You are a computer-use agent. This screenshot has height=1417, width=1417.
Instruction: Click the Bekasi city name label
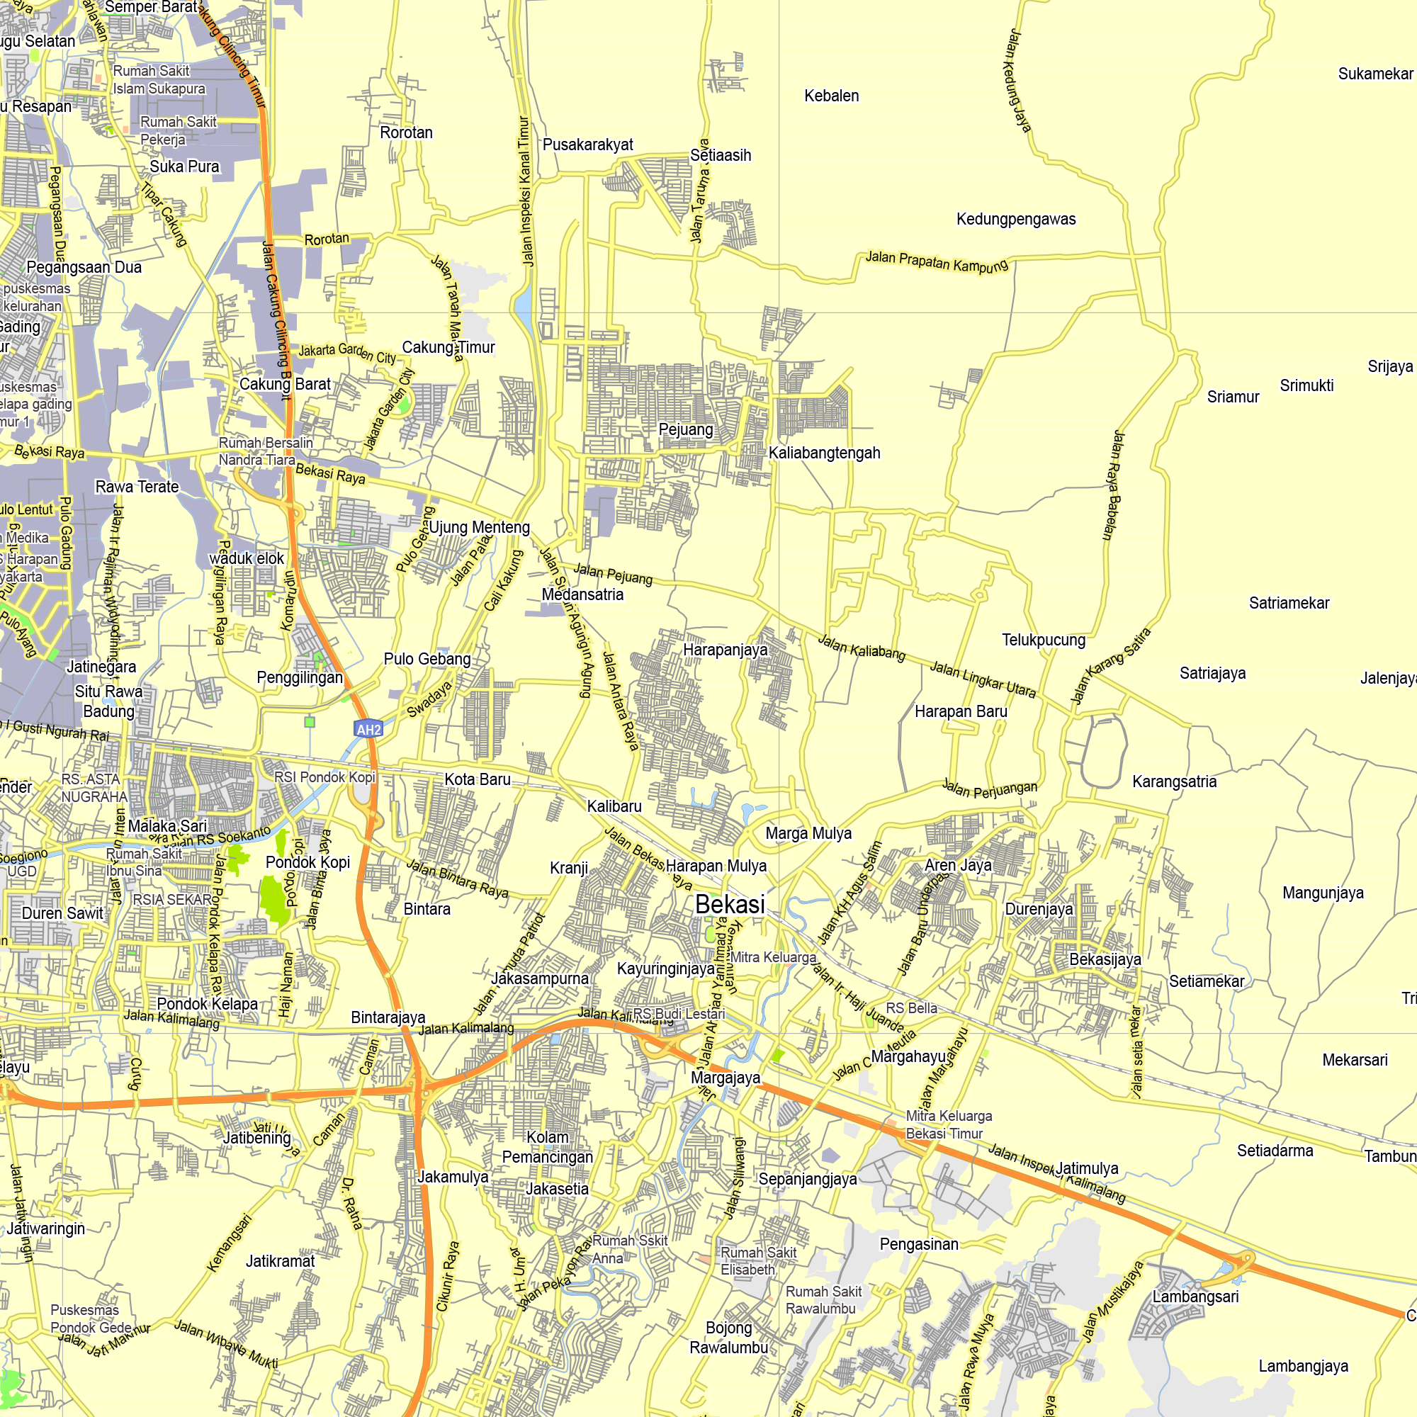click(730, 904)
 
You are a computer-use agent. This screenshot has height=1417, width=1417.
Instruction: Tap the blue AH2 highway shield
click(368, 729)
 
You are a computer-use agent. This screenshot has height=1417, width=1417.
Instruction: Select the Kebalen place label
click(831, 96)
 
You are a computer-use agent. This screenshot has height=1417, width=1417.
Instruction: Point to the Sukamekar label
click(1375, 74)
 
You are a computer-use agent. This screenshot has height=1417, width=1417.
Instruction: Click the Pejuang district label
click(686, 430)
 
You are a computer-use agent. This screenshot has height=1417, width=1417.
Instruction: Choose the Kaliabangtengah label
click(825, 453)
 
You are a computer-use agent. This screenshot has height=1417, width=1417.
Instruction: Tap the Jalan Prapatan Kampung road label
click(937, 262)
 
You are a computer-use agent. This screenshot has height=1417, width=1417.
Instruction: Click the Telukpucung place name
click(1044, 640)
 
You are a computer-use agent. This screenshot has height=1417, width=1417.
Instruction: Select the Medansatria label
click(582, 595)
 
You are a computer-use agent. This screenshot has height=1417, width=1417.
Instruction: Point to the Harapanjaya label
click(726, 650)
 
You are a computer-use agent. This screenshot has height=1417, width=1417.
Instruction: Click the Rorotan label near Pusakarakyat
click(406, 132)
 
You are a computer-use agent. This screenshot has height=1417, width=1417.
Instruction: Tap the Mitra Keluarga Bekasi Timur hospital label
click(949, 1124)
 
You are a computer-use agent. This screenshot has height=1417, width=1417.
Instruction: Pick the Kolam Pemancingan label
click(547, 1147)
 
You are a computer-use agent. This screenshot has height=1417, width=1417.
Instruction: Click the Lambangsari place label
click(1195, 1297)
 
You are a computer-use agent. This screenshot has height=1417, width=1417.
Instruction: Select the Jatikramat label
click(280, 1262)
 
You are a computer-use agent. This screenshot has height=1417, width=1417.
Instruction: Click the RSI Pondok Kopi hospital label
click(324, 777)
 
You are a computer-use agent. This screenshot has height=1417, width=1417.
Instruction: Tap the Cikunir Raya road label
click(448, 1276)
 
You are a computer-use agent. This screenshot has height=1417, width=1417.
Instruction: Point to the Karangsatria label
click(1174, 782)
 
